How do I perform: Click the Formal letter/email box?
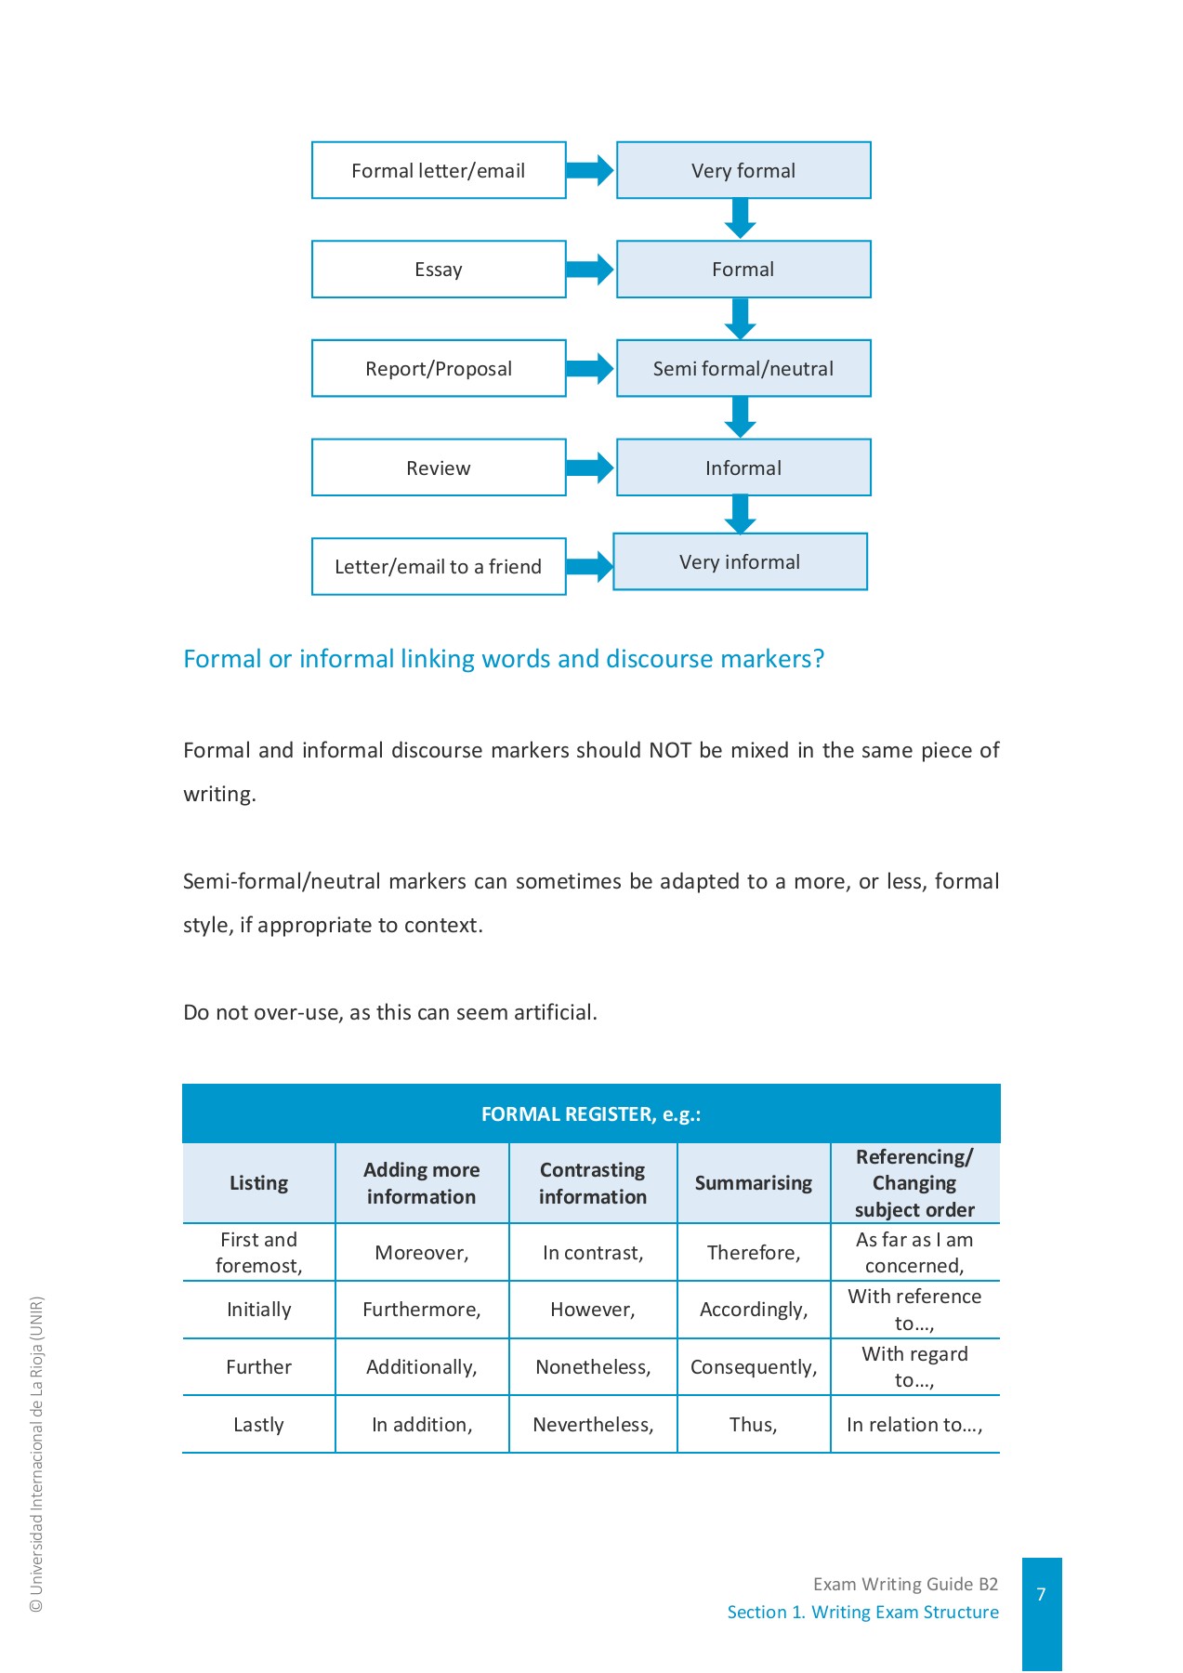[439, 171]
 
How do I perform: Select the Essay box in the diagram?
[439, 270]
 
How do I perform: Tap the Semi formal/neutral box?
[743, 369]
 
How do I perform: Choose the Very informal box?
[740, 562]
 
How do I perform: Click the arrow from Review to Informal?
[590, 468]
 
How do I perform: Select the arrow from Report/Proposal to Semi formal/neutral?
[590, 368]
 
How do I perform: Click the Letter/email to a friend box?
[439, 567]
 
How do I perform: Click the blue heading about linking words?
[504, 659]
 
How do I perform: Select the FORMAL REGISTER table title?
[591, 1114]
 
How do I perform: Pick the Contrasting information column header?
[593, 1183]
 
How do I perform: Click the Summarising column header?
[754, 1183]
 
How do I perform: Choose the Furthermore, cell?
[422, 1310]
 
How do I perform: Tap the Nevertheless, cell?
[593, 1425]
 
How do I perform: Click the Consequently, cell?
[754, 1367]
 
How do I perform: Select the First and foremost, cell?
[259, 1252]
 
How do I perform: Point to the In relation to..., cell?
[914, 1425]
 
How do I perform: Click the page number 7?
[1042, 1595]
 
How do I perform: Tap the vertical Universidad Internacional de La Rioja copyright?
[37, 1455]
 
